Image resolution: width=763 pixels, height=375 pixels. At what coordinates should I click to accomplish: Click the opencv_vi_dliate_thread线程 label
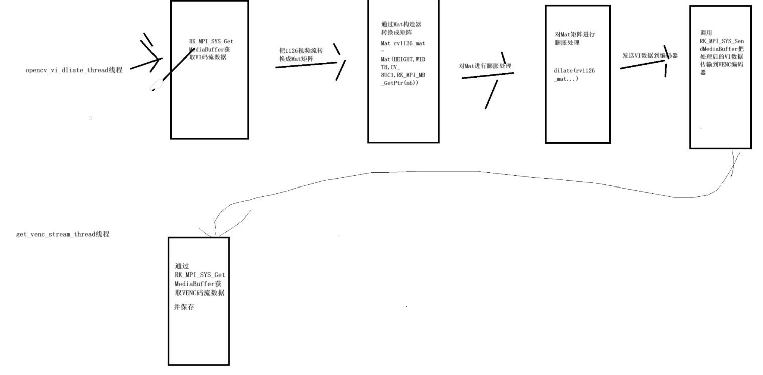[x=73, y=70]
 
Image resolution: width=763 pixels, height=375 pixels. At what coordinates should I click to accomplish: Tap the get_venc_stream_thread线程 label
[x=62, y=234]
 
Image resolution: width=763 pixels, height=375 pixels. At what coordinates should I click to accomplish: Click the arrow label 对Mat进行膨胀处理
[x=485, y=66]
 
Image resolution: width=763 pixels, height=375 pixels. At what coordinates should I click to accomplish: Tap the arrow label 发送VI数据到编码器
[x=650, y=56]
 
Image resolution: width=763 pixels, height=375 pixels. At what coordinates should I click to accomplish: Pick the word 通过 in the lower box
[x=181, y=266]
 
